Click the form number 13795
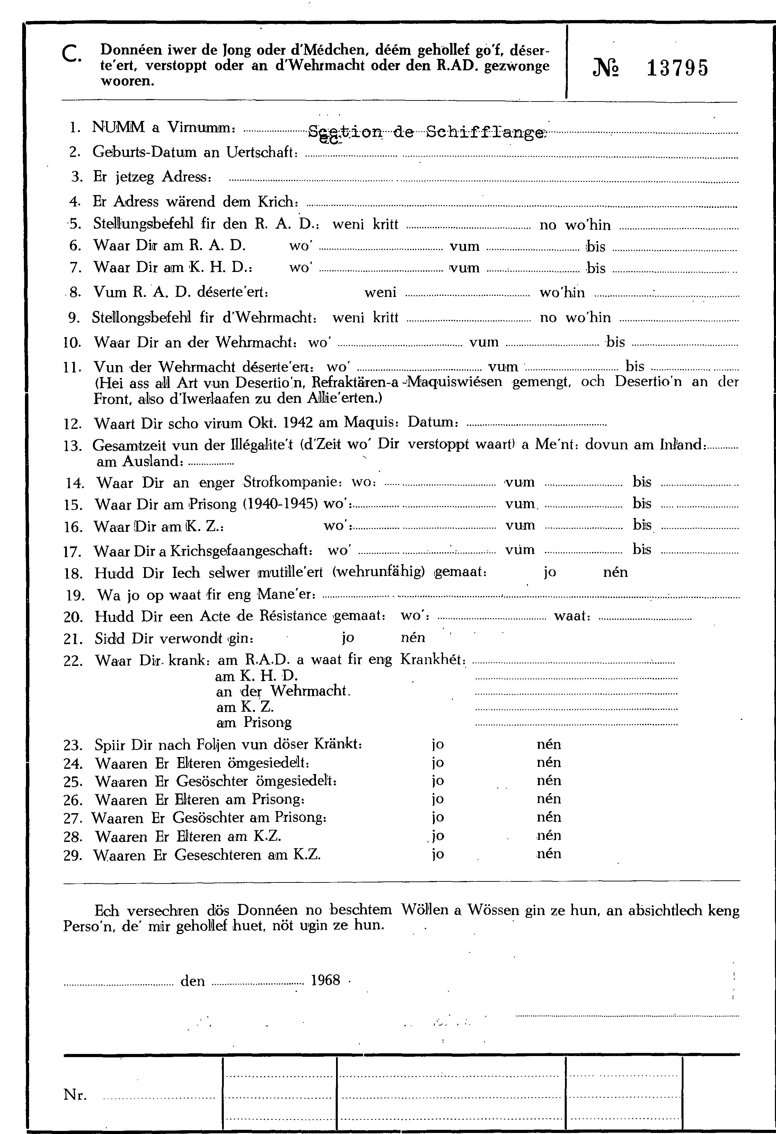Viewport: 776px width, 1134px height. pyautogui.click(x=677, y=68)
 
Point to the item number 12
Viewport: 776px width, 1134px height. pyautogui.click(x=73, y=423)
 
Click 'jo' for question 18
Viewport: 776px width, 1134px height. pyautogui.click(x=550, y=572)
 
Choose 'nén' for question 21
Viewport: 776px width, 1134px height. pyautogui.click(x=413, y=637)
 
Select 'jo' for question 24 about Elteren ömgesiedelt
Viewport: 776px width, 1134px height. pyautogui.click(x=438, y=763)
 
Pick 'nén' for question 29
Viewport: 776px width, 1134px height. pyautogui.click(x=549, y=854)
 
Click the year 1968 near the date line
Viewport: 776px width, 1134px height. pyautogui.click(x=325, y=980)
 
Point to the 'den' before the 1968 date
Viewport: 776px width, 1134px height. pyautogui.click(x=193, y=981)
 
